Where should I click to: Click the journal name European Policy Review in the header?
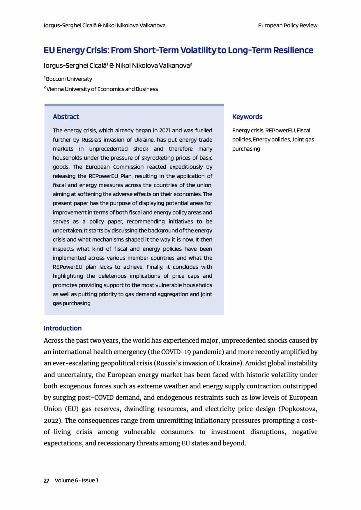(x=288, y=26)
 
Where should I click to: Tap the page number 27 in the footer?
(x=47, y=480)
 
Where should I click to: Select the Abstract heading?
(x=66, y=117)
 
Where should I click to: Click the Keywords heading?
(x=247, y=117)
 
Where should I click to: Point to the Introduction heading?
(x=63, y=328)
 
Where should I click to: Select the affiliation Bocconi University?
(x=69, y=79)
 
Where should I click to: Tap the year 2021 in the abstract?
(x=166, y=130)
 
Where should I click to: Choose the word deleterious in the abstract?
(x=112, y=276)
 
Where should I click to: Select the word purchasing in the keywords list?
(x=246, y=149)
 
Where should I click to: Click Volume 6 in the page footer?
(x=66, y=480)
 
